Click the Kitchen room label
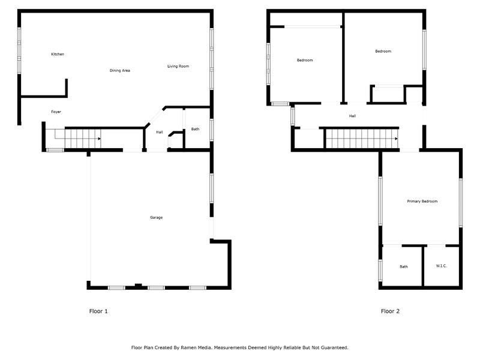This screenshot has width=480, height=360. click(x=58, y=54)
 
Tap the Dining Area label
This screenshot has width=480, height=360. click(x=119, y=70)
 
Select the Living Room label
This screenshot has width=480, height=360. click(x=178, y=66)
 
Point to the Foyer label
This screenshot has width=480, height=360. click(x=56, y=112)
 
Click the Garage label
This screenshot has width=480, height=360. click(x=156, y=217)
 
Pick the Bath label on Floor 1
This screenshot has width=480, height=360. click(x=196, y=129)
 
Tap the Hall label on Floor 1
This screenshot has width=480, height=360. click(x=160, y=132)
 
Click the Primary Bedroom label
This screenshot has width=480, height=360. click(x=422, y=202)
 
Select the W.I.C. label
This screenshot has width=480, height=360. click(x=441, y=266)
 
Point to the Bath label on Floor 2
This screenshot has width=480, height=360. click(x=404, y=266)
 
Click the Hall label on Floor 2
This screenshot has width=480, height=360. click(x=352, y=116)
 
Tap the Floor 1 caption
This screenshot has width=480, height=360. click(x=98, y=311)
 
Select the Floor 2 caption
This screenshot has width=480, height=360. click(x=390, y=311)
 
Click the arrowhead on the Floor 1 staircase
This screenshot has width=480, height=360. click(x=99, y=139)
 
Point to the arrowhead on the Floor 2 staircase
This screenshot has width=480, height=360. click(x=397, y=139)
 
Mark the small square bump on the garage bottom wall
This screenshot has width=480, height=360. click(x=139, y=286)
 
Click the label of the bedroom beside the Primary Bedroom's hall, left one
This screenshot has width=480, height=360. click(x=305, y=61)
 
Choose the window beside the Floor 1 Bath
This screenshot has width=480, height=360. click(x=212, y=130)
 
